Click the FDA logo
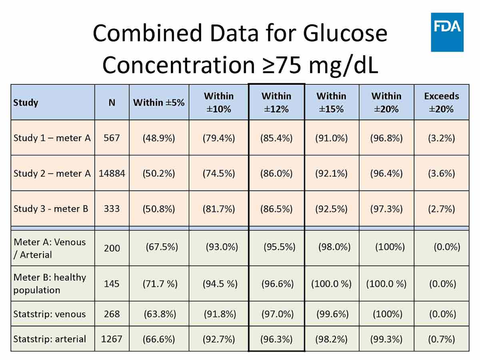tap(447, 32)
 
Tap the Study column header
tap(26, 102)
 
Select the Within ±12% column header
tap(276, 102)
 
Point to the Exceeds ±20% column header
tap(441, 102)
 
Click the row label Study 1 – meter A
tap(52, 138)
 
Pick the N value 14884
tap(112, 173)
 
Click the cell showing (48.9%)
tap(159, 138)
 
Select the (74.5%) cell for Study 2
tap(219, 173)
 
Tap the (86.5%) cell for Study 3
tap(276, 209)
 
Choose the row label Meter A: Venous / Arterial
tap(50, 248)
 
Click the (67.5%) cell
tap(162, 247)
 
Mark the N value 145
tap(111, 284)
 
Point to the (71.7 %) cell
tap(160, 284)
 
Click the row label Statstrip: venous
tap(49, 314)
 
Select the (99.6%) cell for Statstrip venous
tap(332, 314)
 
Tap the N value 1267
tap(112, 339)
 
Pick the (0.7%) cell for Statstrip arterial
tap(441, 339)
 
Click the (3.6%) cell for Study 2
tap(441, 173)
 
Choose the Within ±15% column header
tap(331, 102)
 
